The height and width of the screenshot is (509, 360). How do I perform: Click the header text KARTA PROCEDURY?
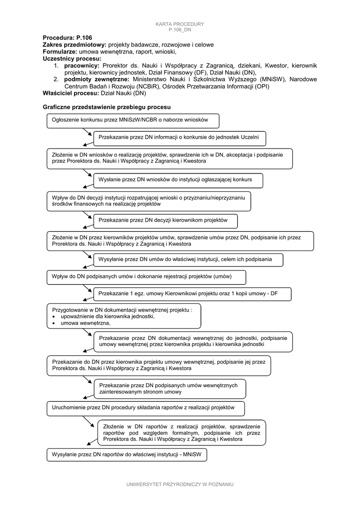[x=180, y=24]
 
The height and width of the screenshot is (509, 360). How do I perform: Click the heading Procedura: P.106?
[x=67, y=38]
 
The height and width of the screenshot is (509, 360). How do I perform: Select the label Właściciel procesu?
[x=71, y=93]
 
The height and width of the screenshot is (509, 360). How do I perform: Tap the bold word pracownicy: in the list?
[x=82, y=66]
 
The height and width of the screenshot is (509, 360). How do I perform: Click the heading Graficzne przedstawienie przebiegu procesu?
[x=106, y=107]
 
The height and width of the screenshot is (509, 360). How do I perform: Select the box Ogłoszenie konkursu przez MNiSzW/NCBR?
[x=133, y=120]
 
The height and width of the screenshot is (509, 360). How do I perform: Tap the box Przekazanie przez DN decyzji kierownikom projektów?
[x=165, y=220]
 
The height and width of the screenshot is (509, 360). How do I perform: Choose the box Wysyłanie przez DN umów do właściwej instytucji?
[x=188, y=259]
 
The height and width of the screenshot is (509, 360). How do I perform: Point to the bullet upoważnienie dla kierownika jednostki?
[x=107, y=316]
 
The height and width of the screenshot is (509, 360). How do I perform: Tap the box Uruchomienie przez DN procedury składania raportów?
[x=146, y=408]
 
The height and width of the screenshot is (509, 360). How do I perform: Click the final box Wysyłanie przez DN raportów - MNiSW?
[x=126, y=454]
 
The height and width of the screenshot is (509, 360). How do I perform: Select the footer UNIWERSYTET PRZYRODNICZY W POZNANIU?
[x=180, y=484]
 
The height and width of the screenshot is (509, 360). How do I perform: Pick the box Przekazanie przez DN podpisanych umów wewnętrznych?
[x=170, y=388]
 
